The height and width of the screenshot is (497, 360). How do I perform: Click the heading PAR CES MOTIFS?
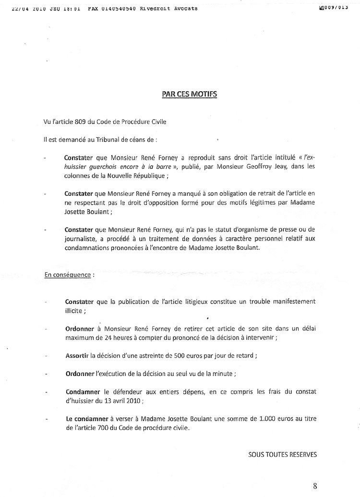coord(189,94)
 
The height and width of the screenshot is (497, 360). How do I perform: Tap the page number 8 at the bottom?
coord(315,485)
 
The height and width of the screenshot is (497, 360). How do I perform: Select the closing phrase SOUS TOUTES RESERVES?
coord(283,453)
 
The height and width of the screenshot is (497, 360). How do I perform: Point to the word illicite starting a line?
coord(75,310)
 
